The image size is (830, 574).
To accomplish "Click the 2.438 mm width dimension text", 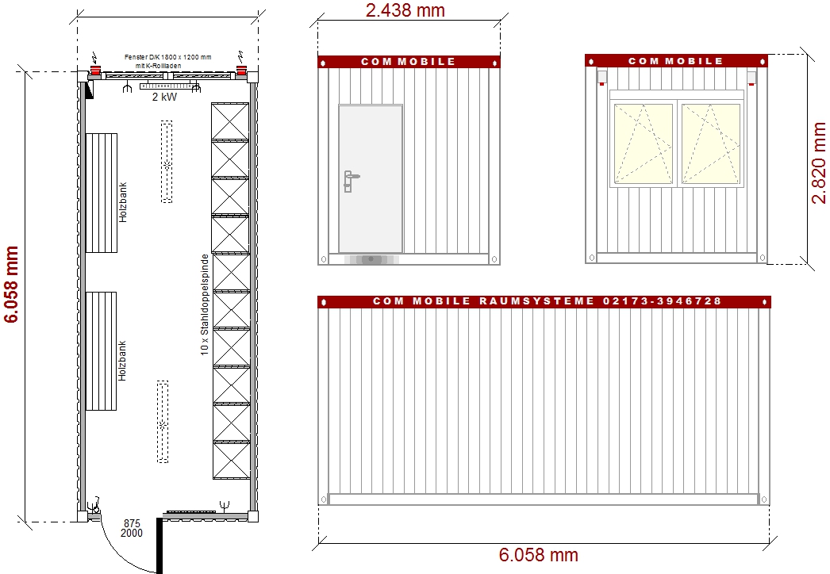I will pos(405,10).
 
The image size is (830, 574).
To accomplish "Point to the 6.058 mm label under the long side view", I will pos(538,555).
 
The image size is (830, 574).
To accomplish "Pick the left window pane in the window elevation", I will pos(643,143).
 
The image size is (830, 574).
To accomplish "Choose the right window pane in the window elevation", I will pos(710,143).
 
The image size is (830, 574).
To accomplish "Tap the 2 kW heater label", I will pos(164,98).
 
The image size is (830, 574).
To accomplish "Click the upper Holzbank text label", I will pos(123,203).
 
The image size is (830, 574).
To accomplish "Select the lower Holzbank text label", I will pos(123,362).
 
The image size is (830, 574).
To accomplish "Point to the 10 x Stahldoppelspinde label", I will pos(204,305).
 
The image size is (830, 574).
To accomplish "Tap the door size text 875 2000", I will pos(132,528).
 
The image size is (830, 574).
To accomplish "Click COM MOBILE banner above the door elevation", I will pos(408,61).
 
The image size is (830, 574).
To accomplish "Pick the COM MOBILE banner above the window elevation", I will pos(675,61).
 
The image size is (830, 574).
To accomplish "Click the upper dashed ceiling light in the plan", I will pos(167,162).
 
